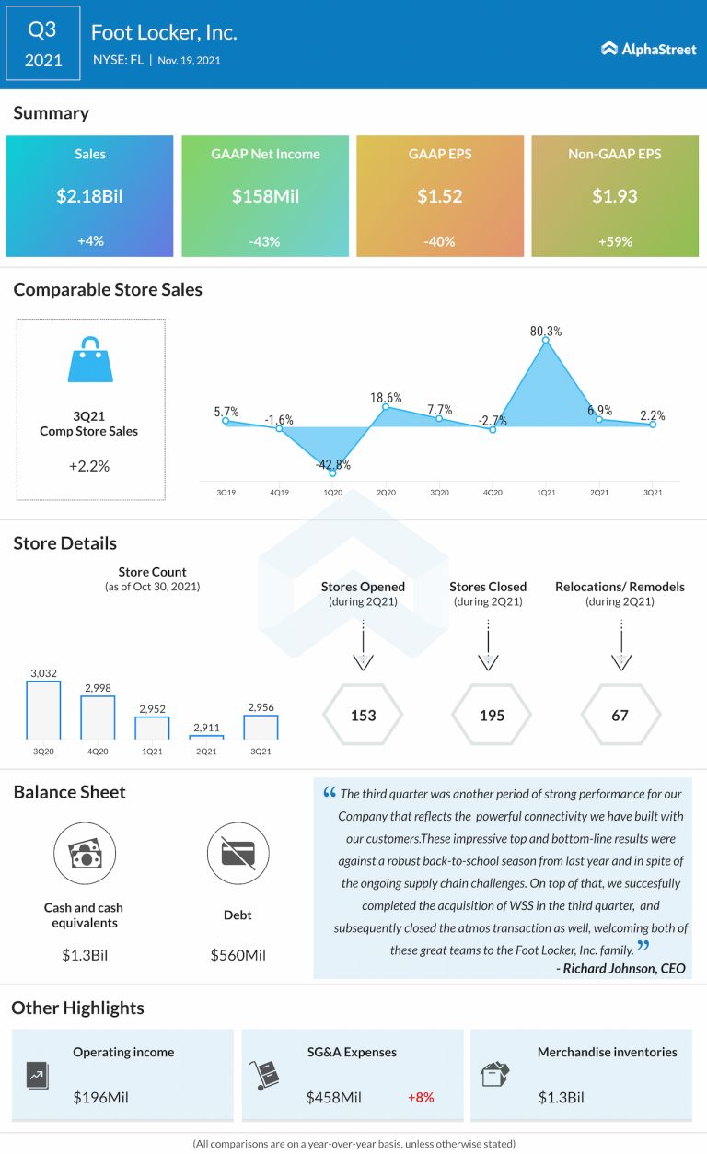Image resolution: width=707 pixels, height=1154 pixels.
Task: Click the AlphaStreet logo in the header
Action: click(x=648, y=49)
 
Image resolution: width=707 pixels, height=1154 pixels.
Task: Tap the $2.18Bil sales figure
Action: click(x=89, y=195)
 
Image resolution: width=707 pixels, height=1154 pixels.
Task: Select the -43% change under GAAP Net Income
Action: click(x=265, y=240)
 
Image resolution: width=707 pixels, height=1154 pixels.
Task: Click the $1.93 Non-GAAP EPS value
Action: click(x=615, y=195)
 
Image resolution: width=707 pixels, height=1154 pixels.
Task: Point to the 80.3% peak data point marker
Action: click(x=546, y=341)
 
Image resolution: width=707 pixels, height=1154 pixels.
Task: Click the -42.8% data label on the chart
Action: click(x=332, y=465)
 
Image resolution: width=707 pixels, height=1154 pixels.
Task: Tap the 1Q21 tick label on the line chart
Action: click(x=546, y=493)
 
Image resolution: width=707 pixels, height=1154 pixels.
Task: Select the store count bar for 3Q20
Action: click(x=43, y=709)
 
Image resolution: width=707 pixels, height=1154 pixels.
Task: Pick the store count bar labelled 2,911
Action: click(x=207, y=736)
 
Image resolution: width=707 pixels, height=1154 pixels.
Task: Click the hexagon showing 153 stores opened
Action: click(x=364, y=715)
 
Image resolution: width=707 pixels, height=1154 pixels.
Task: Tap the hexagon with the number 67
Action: click(x=620, y=715)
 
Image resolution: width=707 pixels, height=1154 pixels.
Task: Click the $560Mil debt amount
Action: click(x=238, y=955)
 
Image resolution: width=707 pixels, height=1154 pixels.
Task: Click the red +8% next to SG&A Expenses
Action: click(x=421, y=1097)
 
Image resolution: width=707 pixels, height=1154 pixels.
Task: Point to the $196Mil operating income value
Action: click(x=104, y=1097)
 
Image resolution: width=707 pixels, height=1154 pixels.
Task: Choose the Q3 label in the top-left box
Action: click(x=42, y=29)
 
